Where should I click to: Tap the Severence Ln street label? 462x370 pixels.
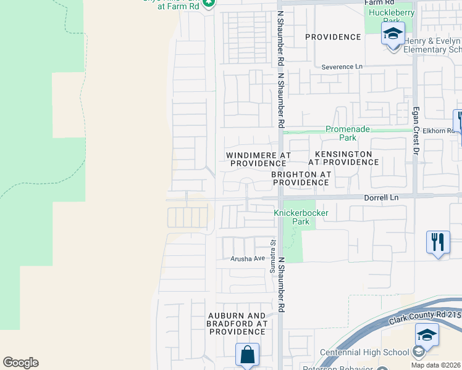click(x=342, y=66)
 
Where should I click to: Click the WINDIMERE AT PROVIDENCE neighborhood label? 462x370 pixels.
click(x=258, y=159)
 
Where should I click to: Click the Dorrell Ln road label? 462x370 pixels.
click(x=381, y=197)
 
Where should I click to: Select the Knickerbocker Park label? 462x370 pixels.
click(x=301, y=217)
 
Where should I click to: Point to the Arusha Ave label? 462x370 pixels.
click(x=247, y=259)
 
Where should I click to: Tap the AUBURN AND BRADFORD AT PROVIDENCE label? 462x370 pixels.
click(x=237, y=323)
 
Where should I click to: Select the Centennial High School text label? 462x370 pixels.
click(x=364, y=352)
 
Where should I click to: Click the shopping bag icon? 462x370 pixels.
click(x=247, y=355)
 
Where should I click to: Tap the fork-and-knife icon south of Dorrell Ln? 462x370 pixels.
click(x=438, y=241)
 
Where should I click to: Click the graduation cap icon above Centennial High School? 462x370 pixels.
click(x=427, y=335)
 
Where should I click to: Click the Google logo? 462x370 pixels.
click(x=20, y=363)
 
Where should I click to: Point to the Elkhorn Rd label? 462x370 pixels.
click(x=438, y=131)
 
